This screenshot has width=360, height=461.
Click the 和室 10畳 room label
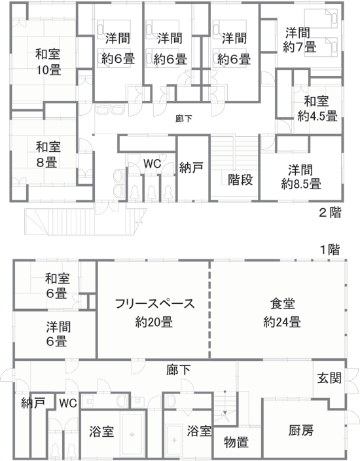[x=48, y=62]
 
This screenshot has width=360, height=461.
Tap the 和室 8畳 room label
[x=48, y=154]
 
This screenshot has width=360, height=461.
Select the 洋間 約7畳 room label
[x=299, y=40]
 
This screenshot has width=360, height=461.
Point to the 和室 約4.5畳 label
[x=317, y=109]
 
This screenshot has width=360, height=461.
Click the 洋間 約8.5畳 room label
[x=301, y=177]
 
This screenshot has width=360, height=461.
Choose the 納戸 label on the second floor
[x=191, y=168]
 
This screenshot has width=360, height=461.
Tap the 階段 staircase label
[x=240, y=179]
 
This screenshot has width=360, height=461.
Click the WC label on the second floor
[x=153, y=164]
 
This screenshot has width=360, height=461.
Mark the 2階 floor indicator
[x=331, y=212]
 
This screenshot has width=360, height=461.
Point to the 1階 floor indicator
[x=329, y=250]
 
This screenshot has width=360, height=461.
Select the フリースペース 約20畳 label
[x=154, y=313]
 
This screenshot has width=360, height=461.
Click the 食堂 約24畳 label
[x=282, y=313]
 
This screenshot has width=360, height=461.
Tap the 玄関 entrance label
[x=329, y=378]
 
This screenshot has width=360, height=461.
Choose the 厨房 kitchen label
[x=301, y=430]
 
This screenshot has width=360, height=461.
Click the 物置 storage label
[x=236, y=441]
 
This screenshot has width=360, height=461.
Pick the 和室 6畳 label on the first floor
[x=57, y=286]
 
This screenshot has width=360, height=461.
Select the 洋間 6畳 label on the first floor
[x=58, y=334]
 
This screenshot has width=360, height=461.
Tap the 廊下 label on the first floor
[x=179, y=370]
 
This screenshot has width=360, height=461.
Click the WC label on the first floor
[x=68, y=403]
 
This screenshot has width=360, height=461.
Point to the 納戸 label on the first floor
[x=33, y=403]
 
